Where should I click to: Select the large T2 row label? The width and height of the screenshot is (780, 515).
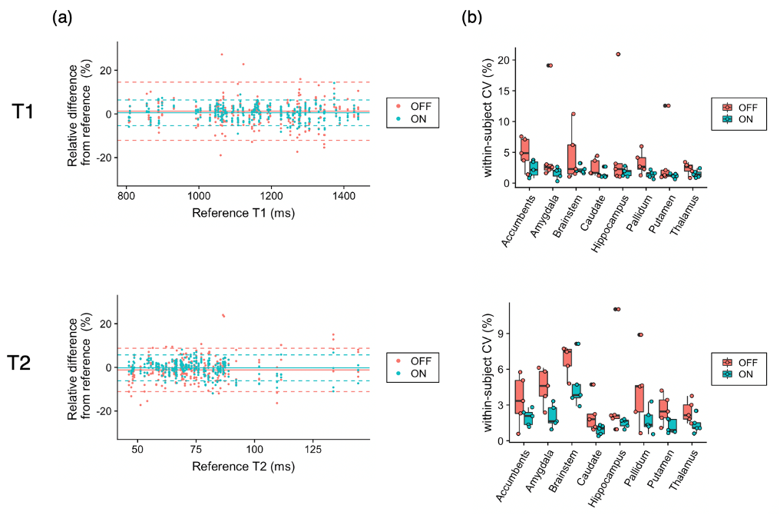(x=24, y=364)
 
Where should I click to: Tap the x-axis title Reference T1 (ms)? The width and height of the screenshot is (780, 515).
(x=243, y=212)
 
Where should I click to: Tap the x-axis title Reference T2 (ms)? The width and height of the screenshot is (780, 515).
(x=243, y=467)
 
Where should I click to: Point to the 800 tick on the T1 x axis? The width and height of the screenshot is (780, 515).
(x=127, y=195)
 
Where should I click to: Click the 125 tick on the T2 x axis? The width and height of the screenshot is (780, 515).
(x=312, y=449)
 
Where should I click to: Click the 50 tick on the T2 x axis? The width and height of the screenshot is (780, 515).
(x=138, y=449)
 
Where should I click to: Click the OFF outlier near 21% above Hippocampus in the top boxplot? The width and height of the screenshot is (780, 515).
(x=618, y=55)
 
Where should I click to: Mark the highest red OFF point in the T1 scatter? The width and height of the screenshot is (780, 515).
(x=222, y=55)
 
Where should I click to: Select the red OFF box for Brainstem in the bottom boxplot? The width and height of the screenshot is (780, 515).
(x=567, y=357)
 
